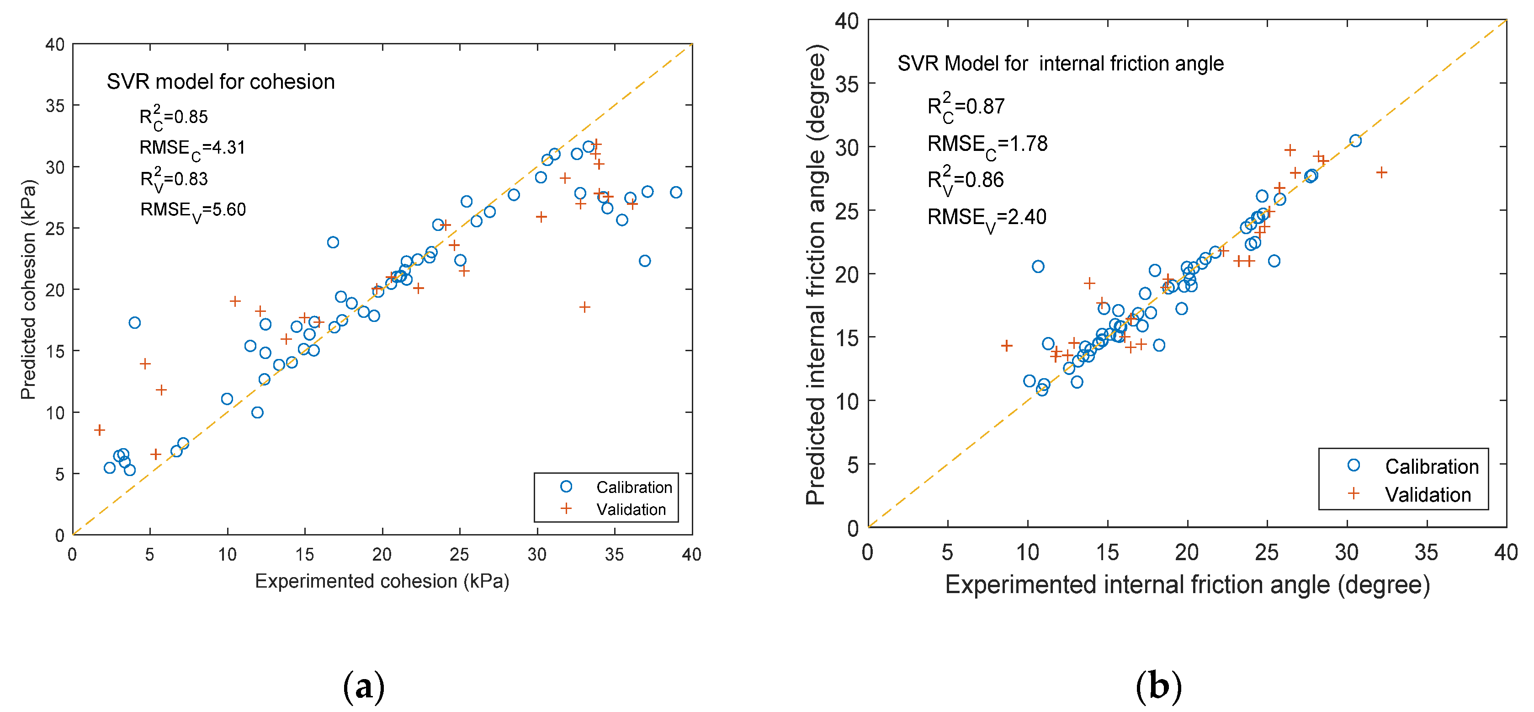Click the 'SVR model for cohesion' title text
tap(220, 82)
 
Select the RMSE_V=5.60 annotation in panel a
tap(192, 210)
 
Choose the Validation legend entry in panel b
tap(1428, 494)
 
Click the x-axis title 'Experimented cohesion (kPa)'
tap(382, 581)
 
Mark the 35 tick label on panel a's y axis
tap(55, 106)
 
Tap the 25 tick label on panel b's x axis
tap(1267, 553)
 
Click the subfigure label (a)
tap(364, 687)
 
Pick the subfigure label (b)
tap(1158, 687)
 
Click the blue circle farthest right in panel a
tap(676, 193)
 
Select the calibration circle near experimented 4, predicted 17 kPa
tap(135, 323)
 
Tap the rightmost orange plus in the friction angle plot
tap(1381, 173)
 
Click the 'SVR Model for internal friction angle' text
tap(1060, 64)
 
